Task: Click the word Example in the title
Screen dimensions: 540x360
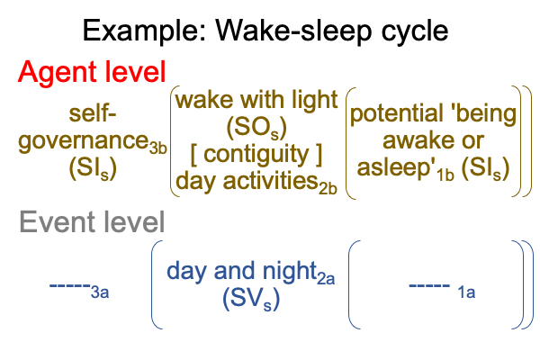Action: point(144,31)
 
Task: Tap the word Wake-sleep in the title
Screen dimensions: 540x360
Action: point(293,31)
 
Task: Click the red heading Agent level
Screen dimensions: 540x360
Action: point(92,72)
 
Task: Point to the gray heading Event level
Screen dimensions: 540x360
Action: point(93,222)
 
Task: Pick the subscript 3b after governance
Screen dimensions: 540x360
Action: point(158,148)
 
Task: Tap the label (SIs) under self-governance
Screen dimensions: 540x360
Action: point(93,169)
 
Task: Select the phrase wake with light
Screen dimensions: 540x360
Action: point(256,100)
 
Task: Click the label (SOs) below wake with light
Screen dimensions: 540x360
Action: point(256,128)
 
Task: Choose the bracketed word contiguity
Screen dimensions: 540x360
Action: point(256,155)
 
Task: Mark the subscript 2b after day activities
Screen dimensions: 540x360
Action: point(328,188)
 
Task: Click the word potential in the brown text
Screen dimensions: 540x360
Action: point(397,114)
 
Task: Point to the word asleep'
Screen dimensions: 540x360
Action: point(396,167)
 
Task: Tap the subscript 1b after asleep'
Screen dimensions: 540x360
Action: point(445,175)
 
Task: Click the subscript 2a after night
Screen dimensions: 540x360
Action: point(326,278)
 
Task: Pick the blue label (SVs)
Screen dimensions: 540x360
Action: point(251,299)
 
